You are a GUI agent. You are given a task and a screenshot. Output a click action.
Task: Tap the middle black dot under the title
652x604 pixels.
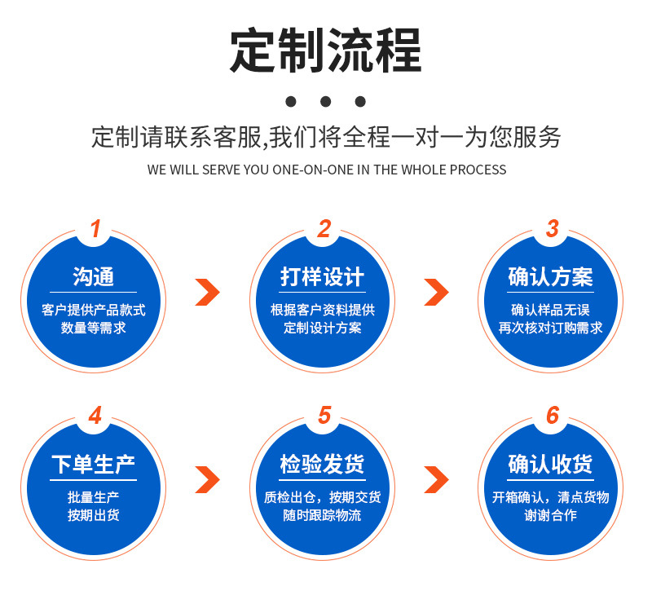(326, 102)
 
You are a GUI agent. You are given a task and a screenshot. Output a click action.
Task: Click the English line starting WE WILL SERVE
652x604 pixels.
(327, 170)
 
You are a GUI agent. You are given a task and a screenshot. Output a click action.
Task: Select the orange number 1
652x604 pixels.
(95, 229)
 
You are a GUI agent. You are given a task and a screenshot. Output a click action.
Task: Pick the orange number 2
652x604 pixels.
(324, 229)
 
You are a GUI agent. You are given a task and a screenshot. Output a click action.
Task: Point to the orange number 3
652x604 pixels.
(553, 229)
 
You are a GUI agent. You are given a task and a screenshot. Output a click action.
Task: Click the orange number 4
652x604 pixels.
(95, 416)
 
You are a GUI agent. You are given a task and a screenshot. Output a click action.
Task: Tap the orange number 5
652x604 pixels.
(324, 416)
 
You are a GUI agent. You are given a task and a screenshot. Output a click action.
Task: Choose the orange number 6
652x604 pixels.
(553, 416)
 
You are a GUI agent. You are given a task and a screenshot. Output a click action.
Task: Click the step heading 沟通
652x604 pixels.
(94, 277)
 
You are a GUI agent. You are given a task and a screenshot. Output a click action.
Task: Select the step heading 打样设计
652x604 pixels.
(323, 277)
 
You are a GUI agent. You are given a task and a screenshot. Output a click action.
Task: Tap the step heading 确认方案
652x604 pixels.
(551, 277)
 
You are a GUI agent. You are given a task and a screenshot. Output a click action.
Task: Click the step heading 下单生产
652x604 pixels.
(94, 465)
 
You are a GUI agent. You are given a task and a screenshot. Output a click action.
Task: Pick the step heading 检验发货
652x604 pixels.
(323, 465)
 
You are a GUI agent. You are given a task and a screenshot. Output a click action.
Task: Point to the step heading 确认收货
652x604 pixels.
(551, 465)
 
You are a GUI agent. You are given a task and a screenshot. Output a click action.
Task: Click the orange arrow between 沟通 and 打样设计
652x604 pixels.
(208, 292)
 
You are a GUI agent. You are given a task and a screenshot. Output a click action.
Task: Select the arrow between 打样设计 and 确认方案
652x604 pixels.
(437, 292)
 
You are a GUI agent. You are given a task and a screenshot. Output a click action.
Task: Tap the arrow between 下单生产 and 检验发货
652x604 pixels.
(208, 479)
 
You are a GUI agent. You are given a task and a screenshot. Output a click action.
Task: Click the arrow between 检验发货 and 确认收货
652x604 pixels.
(437, 479)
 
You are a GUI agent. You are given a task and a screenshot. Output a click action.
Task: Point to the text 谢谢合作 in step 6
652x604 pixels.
(551, 515)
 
